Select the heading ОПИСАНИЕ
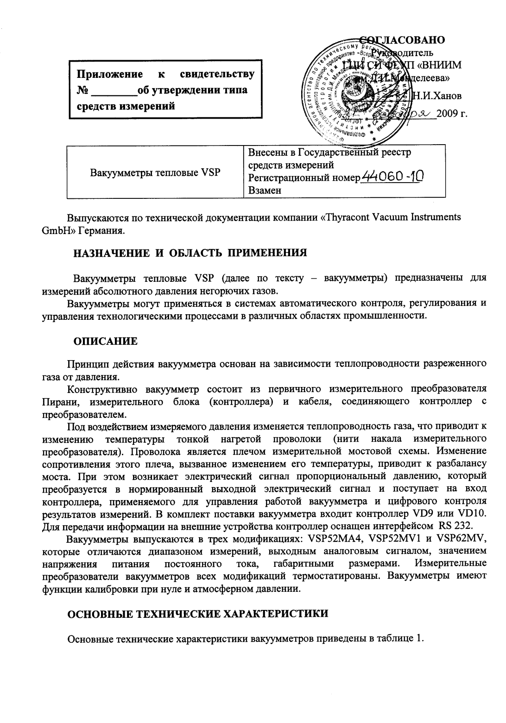(106, 342)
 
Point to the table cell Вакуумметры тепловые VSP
(155, 173)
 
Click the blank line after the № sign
(112, 92)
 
